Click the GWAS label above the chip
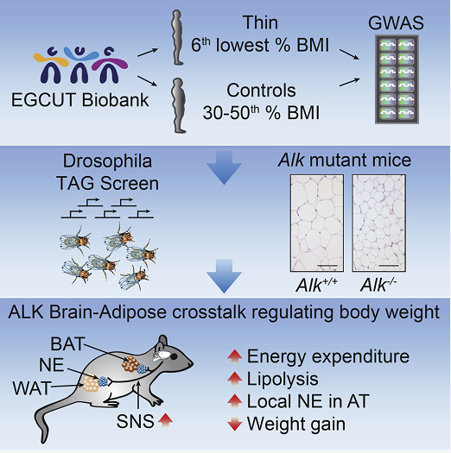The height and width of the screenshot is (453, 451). pyautogui.click(x=396, y=23)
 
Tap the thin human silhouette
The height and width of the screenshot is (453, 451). pyautogui.click(x=177, y=38)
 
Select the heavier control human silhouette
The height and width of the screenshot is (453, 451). pyautogui.click(x=178, y=106)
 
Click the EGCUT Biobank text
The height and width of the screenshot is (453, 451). pyautogui.click(x=79, y=100)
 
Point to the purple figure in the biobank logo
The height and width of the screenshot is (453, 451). pyautogui.click(x=109, y=65)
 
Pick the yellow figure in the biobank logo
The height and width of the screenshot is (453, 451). pyautogui.click(x=52, y=65)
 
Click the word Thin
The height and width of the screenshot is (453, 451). pyautogui.click(x=260, y=22)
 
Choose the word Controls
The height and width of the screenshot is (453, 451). pyautogui.click(x=261, y=91)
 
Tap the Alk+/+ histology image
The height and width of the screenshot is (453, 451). pyautogui.click(x=317, y=223)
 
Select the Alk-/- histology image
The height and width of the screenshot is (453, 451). pyautogui.click(x=378, y=223)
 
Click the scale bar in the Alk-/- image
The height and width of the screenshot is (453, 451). pyautogui.click(x=389, y=265)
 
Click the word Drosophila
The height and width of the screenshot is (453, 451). pyautogui.click(x=107, y=160)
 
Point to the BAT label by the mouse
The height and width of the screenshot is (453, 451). pyautogui.click(x=67, y=344)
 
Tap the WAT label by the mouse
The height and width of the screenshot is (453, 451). pyautogui.click(x=32, y=388)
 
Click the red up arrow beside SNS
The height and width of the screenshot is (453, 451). pyautogui.click(x=166, y=420)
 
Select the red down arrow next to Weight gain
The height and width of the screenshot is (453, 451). pyautogui.click(x=235, y=424)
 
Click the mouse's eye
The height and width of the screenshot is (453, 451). pyautogui.click(x=174, y=357)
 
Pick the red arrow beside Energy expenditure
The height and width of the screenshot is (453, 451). pyautogui.click(x=235, y=356)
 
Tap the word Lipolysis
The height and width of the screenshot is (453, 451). pyautogui.click(x=283, y=379)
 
